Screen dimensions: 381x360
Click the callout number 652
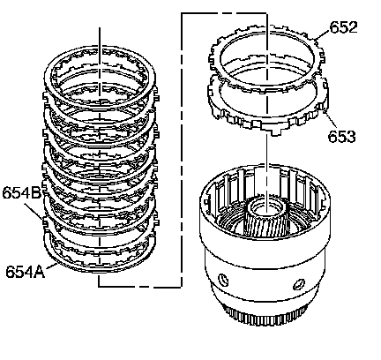[x=343, y=27]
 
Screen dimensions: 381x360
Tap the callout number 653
[x=341, y=136]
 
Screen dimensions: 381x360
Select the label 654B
[x=22, y=193]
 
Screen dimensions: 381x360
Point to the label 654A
[x=25, y=271]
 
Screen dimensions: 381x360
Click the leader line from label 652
[x=323, y=34]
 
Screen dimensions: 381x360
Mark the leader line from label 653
[x=330, y=120]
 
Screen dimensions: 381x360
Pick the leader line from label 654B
[x=33, y=211]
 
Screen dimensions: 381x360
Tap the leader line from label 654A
[x=50, y=266]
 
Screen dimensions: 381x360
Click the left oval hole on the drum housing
[x=223, y=280]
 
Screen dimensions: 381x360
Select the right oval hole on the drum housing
[x=299, y=284]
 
